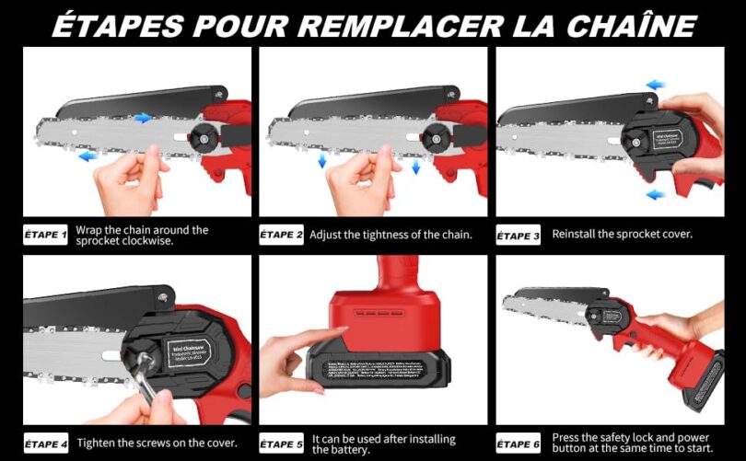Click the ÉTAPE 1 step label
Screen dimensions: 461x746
45,236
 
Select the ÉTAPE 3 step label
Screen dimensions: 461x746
519,236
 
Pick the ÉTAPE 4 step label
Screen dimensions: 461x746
45,444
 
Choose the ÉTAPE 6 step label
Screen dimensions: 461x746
519,444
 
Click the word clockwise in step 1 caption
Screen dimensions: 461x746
163,242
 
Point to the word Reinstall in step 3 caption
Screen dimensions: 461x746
577,234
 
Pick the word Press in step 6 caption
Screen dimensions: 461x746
566,437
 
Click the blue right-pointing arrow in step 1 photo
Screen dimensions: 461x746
143,118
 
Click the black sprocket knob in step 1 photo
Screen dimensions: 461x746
198,139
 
